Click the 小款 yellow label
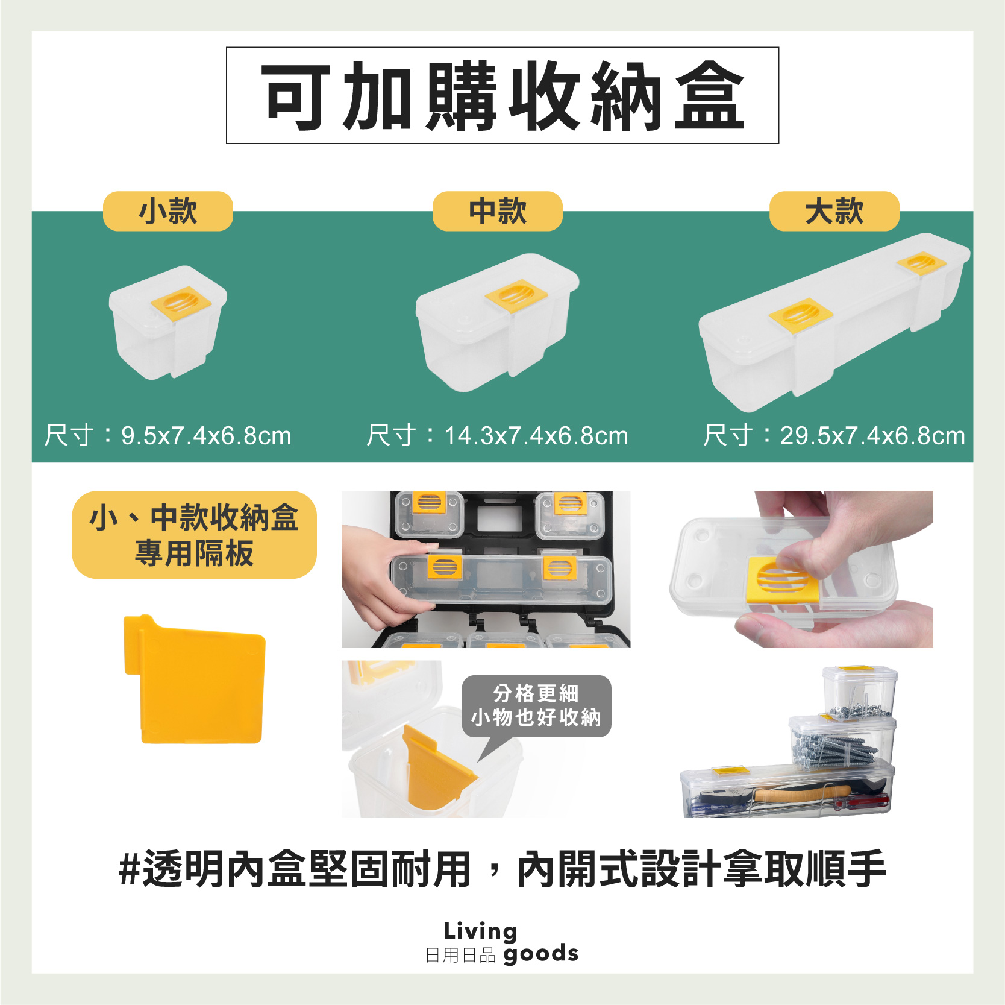[167, 211]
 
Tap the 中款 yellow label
[497, 211]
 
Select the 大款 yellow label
[834, 211]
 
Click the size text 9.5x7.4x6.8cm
[206, 435]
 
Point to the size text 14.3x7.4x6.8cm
[536, 435]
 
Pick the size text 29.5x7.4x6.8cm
[872, 435]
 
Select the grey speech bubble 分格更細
[536, 705]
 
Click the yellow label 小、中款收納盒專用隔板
[194, 535]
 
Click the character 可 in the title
[295, 96]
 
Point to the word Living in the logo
[480, 931]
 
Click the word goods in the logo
[540, 954]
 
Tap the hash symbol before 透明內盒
[130, 869]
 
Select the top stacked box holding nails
[859, 693]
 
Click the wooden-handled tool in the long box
[801, 793]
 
